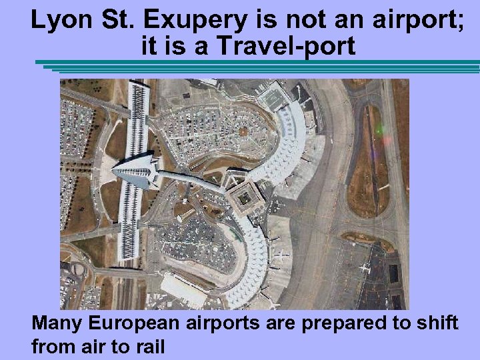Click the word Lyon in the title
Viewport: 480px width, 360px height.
61,21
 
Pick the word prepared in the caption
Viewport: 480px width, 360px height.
332,323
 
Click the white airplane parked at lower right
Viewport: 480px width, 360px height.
364,267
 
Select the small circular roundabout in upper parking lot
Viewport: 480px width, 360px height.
243,132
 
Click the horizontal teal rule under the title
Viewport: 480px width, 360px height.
260,65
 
